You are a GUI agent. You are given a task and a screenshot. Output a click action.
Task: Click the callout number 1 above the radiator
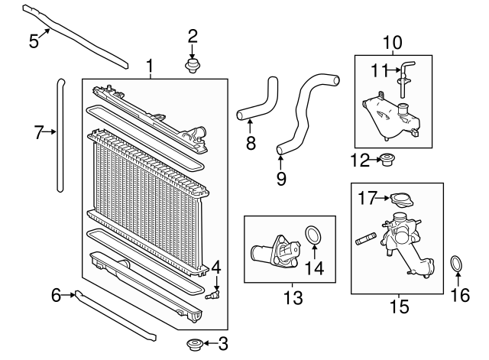pos(150,66)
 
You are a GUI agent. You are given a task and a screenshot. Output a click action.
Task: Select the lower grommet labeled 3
pos(195,344)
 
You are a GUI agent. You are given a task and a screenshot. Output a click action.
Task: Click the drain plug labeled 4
pos(215,293)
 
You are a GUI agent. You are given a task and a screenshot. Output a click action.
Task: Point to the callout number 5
pos(34,19)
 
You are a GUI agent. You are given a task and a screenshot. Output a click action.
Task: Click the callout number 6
pos(56,294)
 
